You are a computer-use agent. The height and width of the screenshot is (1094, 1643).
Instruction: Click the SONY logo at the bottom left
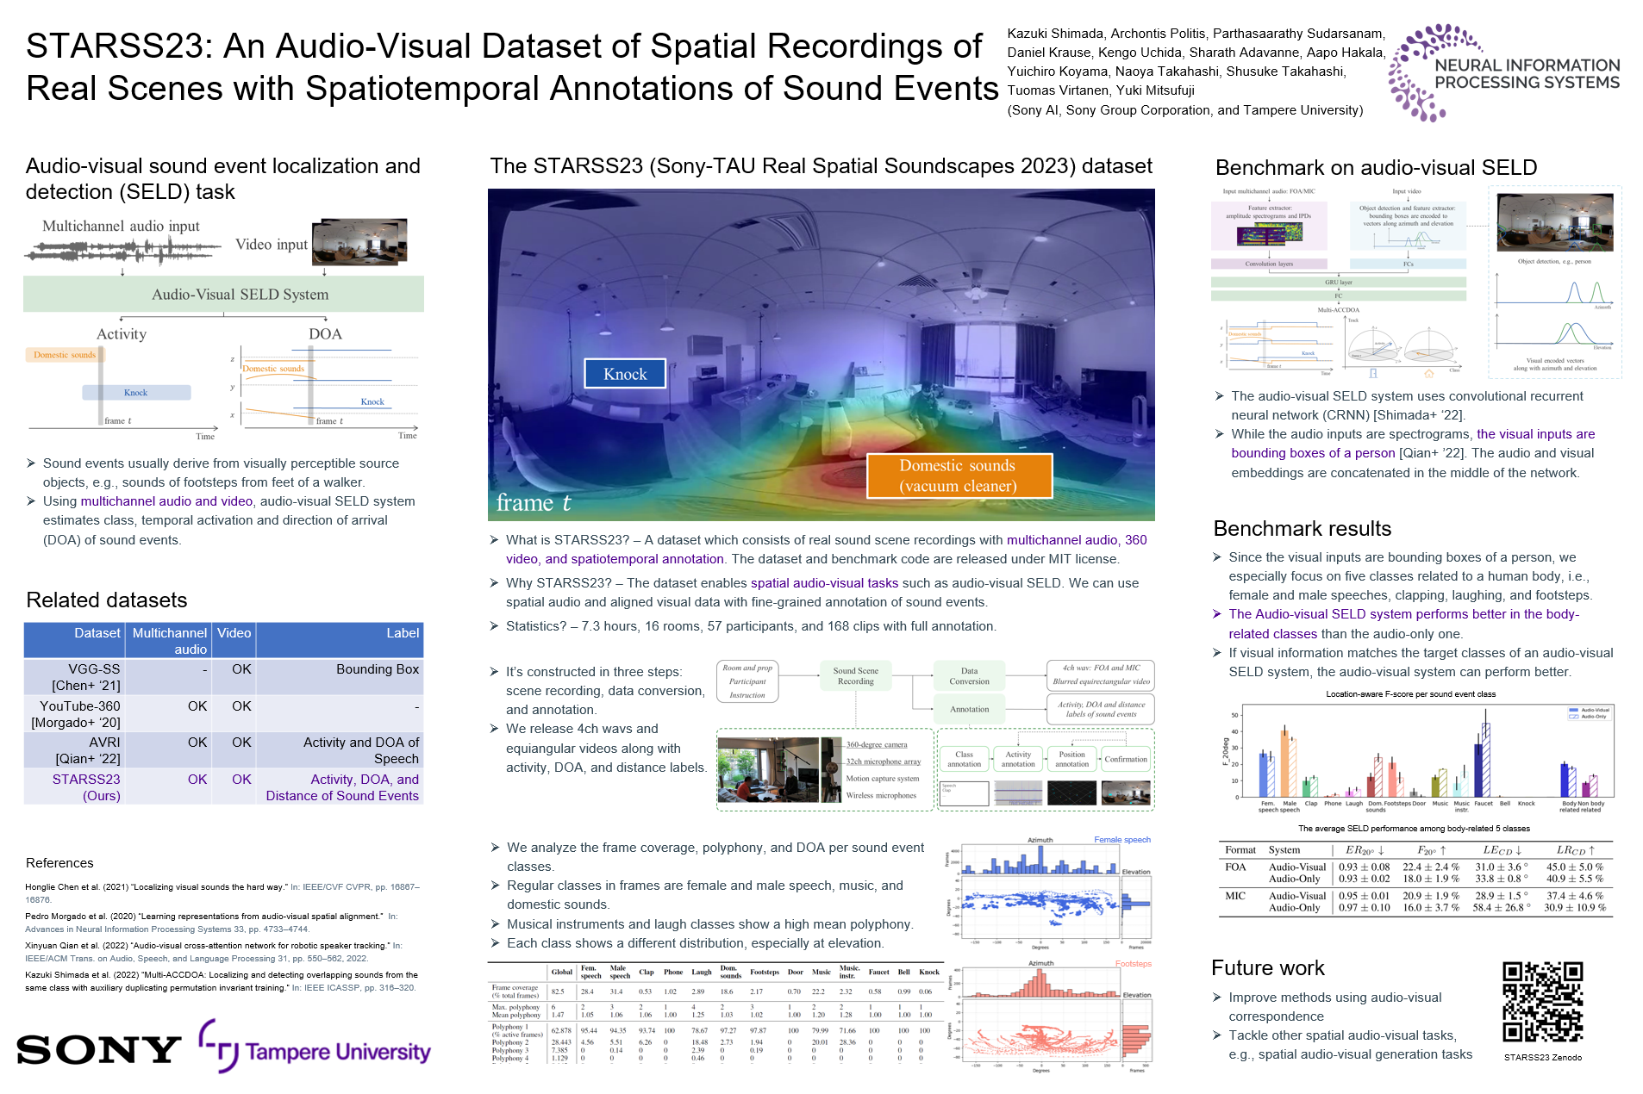(98, 1049)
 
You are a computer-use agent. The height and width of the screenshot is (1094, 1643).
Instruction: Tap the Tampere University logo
(315, 1048)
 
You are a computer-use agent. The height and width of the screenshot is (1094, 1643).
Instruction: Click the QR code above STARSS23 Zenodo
(1542, 1002)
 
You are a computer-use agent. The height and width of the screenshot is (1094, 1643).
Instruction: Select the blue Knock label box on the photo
(625, 374)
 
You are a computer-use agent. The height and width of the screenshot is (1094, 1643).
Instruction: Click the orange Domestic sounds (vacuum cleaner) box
(959, 476)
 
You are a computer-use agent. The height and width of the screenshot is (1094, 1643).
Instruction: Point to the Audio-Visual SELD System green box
(224, 294)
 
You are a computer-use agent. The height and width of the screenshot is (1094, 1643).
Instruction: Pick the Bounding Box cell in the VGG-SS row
(377, 669)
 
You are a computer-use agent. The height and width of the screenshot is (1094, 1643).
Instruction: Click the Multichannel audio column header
(170, 641)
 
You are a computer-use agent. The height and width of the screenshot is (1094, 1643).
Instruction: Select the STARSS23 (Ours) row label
(86, 787)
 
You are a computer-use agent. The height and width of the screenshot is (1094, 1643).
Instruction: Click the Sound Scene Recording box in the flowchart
(855, 676)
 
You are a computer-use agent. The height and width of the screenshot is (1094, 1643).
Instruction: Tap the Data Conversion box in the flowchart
(969, 676)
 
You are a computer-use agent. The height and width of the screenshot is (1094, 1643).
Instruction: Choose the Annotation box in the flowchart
(969, 709)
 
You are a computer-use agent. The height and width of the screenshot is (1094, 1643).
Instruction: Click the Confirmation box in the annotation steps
(1126, 759)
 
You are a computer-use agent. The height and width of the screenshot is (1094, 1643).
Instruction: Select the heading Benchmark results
(1302, 529)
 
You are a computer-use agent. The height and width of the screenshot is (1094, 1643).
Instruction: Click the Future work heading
(1267, 968)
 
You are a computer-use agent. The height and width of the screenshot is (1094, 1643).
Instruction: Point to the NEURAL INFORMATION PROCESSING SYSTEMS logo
(1504, 73)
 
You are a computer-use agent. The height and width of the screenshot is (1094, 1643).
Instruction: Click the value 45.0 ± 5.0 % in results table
(1574, 867)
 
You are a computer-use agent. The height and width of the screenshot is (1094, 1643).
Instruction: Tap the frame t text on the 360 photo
(533, 503)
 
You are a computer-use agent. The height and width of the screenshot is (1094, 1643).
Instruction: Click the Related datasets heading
(107, 600)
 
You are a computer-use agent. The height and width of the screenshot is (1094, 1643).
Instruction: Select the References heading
(59, 863)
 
